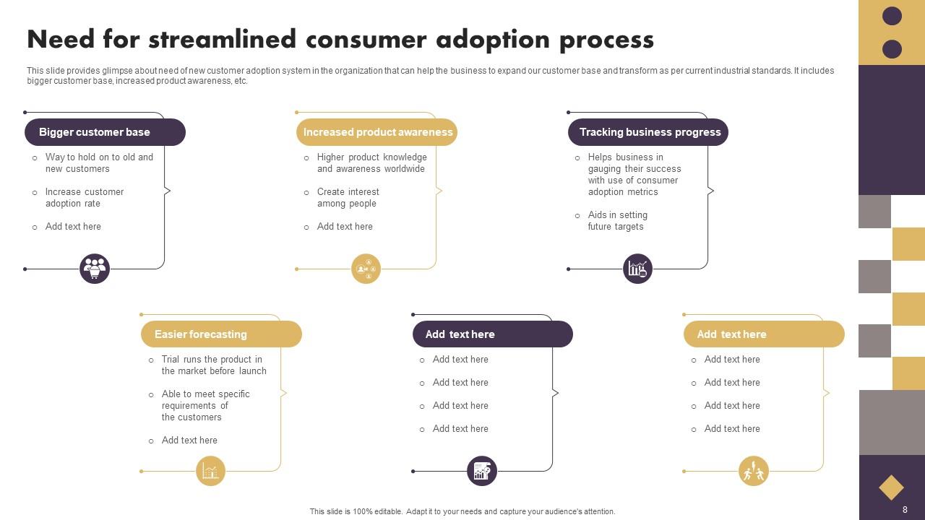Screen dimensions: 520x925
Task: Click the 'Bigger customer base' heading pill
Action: tap(105, 132)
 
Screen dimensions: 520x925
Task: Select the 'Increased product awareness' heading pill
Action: tap(377, 132)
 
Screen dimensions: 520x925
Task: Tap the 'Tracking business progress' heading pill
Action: tap(648, 132)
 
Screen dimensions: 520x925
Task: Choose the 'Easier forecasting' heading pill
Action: tap(221, 334)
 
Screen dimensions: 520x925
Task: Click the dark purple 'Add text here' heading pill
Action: tap(493, 334)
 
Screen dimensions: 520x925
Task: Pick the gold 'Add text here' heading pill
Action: tap(764, 334)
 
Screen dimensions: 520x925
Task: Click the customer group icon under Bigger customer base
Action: tap(94, 269)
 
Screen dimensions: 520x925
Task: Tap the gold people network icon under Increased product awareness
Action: tap(366, 269)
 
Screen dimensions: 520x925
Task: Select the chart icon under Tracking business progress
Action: tap(637, 269)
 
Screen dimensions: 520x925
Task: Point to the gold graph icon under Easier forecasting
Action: tap(210, 472)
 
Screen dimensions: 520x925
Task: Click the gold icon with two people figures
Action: tap(754, 472)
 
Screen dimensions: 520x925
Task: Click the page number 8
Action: tap(905, 510)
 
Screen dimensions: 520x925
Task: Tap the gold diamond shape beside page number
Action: tap(891, 487)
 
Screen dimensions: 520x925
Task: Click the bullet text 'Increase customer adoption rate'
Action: tap(85, 197)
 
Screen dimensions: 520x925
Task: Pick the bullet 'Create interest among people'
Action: tap(348, 197)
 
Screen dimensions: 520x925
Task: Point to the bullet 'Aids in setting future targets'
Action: tap(617, 220)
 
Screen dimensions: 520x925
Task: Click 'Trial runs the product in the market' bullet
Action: tap(213, 365)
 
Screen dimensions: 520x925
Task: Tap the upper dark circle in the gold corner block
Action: tap(892, 16)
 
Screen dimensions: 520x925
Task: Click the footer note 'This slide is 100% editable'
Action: tap(462, 511)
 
